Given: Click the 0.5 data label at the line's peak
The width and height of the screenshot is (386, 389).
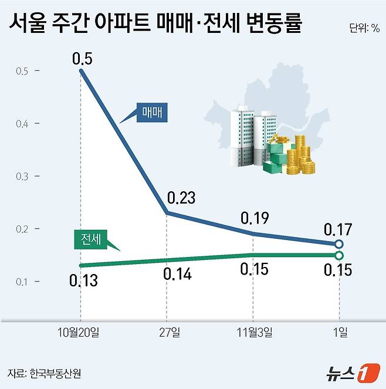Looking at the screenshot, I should pos(82,59).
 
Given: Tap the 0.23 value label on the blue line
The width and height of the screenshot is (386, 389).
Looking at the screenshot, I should pos(181,198).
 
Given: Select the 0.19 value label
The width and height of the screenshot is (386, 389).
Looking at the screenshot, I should pos(255,218).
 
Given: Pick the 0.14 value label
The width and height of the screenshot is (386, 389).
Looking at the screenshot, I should pos(174,274).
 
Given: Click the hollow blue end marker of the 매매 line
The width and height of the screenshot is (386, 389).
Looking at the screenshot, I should pos(340,244).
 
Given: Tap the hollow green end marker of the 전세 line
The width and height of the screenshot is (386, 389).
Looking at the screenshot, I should pos(340,255).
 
